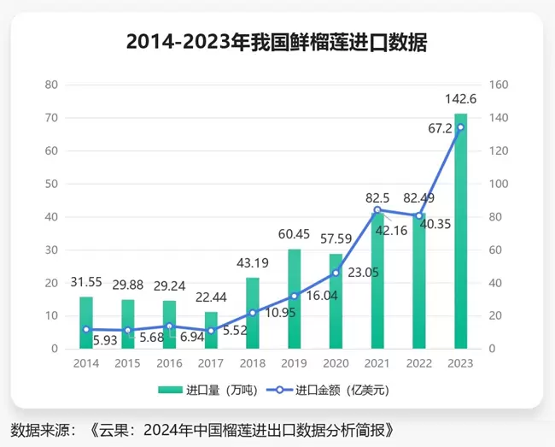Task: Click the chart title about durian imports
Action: pyautogui.click(x=277, y=41)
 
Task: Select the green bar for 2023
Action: pyautogui.click(x=461, y=231)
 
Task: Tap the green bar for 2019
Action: pyautogui.click(x=294, y=299)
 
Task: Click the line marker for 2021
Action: pyautogui.click(x=377, y=210)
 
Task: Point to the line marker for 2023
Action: pyautogui.click(x=461, y=127)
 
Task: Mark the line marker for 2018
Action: pyautogui.click(x=253, y=313)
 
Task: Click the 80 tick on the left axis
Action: pyautogui.click(x=51, y=85)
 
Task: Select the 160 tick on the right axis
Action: pyautogui.click(x=499, y=85)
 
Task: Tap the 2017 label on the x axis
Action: pyautogui.click(x=211, y=362)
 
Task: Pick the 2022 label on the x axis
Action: pyautogui.click(x=419, y=362)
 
